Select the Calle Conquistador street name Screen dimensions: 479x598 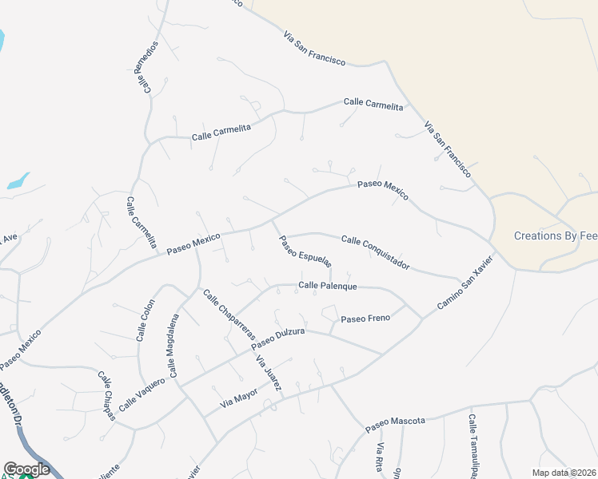(x=375, y=251)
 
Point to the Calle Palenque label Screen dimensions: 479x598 (x=327, y=285)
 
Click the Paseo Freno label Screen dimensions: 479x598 (x=365, y=319)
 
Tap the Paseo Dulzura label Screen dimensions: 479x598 (x=278, y=339)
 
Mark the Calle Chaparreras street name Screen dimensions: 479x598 (x=228, y=314)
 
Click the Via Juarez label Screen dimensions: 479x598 (x=269, y=373)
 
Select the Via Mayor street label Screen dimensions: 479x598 (x=239, y=398)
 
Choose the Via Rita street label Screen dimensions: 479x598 (x=381, y=457)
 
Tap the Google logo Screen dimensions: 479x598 (x=26, y=469)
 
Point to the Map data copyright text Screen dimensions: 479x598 (x=563, y=473)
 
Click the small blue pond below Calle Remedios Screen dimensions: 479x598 (x=18, y=181)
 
